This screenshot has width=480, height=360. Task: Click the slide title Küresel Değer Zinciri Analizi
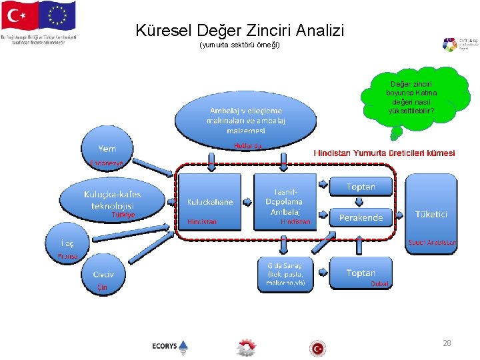(x=240, y=30)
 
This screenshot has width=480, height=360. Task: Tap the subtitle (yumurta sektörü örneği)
(x=239, y=45)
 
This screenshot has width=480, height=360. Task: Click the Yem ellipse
(x=108, y=147)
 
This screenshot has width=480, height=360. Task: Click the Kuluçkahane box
(x=210, y=201)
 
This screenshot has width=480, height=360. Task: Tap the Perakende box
(x=361, y=217)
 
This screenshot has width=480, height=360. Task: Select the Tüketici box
(x=431, y=214)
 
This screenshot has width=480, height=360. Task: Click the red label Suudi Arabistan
(x=432, y=243)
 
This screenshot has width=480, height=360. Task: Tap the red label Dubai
(x=379, y=283)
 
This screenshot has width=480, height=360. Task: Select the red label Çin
(x=102, y=287)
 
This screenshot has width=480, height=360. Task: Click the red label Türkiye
(x=123, y=215)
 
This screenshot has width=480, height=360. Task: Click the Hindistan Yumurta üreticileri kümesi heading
(x=385, y=153)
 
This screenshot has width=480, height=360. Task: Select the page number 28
(x=447, y=343)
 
